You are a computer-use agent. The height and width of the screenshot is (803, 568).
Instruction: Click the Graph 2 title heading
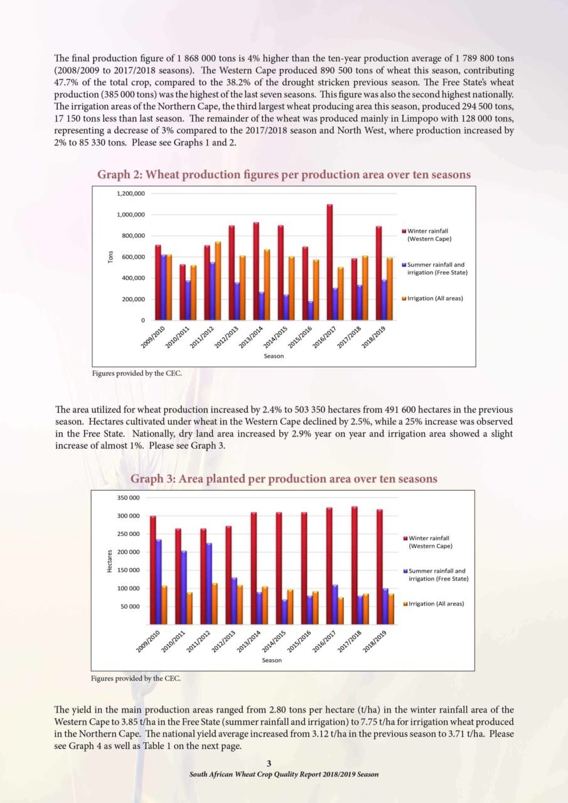click(284, 174)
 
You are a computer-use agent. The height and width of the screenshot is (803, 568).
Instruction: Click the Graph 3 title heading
click(284, 479)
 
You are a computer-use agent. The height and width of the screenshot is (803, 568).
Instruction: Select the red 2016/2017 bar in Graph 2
click(330, 262)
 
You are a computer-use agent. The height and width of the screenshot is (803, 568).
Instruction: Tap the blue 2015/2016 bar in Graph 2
click(311, 311)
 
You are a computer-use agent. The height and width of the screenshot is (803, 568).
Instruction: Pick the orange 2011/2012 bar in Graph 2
click(218, 281)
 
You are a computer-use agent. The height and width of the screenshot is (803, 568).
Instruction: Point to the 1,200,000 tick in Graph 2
click(131, 194)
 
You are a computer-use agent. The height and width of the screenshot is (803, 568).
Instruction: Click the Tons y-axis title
click(110, 257)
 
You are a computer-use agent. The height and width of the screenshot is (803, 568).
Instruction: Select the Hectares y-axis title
click(109, 561)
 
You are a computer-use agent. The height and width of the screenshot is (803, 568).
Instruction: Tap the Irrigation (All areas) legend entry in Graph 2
click(432, 298)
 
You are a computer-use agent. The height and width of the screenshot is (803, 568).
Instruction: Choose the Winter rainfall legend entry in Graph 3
click(428, 542)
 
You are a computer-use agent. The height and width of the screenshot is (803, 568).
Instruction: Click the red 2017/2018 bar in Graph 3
click(354, 565)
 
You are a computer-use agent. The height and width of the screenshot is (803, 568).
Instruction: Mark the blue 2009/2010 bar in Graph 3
click(159, 582)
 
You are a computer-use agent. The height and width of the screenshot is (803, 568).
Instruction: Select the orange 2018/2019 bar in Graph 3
click(391, 609)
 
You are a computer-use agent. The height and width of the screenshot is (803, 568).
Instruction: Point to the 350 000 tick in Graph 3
click(129, 497)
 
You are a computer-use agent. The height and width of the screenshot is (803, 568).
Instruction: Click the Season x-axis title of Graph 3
click(272, 660)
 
